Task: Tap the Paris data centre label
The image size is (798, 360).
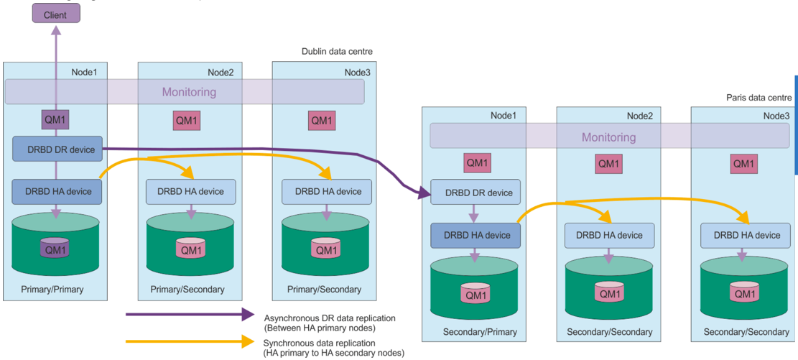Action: [758, 98]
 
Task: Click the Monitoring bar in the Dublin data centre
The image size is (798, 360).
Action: [185, 92]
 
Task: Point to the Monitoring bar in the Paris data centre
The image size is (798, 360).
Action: [608, 137]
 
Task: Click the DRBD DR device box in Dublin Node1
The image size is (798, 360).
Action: [57, 148]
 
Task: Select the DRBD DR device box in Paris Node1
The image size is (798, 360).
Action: [475, 193]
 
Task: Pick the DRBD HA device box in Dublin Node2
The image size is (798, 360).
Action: [191, 191]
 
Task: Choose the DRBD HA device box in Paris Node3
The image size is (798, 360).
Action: [746, 235]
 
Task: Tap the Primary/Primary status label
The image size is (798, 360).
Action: [52, 290]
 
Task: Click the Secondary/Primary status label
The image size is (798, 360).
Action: [480, 332]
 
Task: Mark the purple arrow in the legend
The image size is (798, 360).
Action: [190, 315]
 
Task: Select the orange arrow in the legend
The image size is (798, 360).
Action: [190, 341]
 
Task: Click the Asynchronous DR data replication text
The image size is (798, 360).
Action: [329, 318]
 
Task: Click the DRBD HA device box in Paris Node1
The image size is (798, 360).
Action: [475, 236]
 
